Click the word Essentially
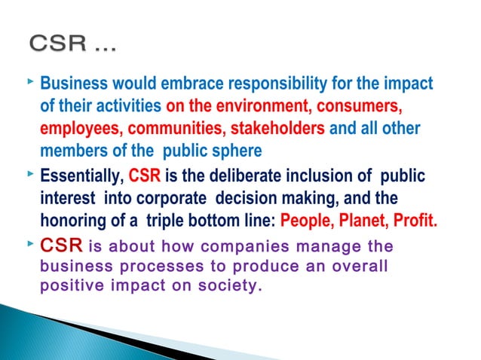pyautogui.click(x=81, y=178)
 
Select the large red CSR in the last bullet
pyautogui.click(x=61, y=246)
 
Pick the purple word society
pyautogui.click(x=233, y=286)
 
